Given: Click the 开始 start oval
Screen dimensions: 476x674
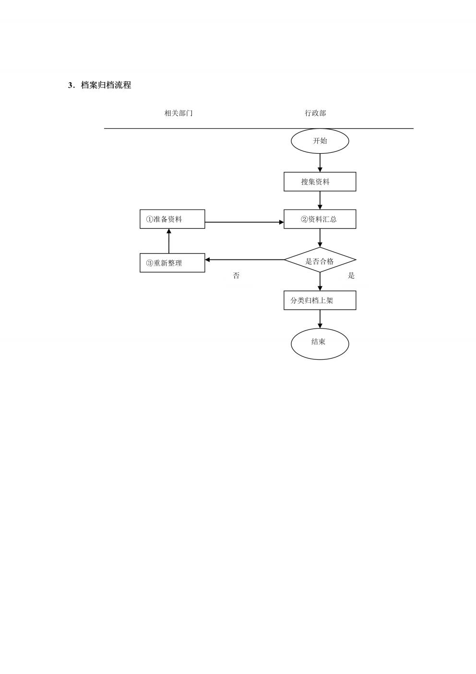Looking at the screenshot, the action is (320, 141).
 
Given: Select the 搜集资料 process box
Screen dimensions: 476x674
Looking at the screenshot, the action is (320, 182).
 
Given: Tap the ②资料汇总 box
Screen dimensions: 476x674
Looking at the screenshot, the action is (320, 219).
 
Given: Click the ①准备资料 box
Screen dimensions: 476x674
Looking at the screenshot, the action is (172, 219).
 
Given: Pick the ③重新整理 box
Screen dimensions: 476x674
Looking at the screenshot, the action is (172, 263).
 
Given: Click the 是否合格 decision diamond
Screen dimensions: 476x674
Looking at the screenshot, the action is (320, 260).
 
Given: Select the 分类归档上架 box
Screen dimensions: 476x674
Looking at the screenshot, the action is (320, 300).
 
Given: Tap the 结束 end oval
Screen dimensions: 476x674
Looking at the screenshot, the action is (320, 344).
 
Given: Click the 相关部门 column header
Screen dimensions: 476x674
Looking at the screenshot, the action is (178, 113).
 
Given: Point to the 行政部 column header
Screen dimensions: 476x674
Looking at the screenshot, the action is (315, 113).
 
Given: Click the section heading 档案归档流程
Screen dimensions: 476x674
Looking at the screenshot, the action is (106, 85).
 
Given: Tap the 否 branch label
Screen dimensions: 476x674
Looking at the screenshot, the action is (236, 276).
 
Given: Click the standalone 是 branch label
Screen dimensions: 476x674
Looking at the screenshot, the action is (351, 276).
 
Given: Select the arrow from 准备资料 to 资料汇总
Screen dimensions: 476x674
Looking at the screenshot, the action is (244, 222).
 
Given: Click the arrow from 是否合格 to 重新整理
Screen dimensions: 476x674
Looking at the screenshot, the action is (245, 260).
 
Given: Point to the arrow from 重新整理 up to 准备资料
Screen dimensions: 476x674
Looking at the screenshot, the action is (169, 241).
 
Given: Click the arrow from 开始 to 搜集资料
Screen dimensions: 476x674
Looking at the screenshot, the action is (320, 163).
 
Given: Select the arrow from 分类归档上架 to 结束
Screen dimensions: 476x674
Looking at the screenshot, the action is (320, 319).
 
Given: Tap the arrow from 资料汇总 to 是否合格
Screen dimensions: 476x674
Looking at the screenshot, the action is (320, 238).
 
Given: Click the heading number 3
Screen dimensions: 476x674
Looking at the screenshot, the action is (71, 86).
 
